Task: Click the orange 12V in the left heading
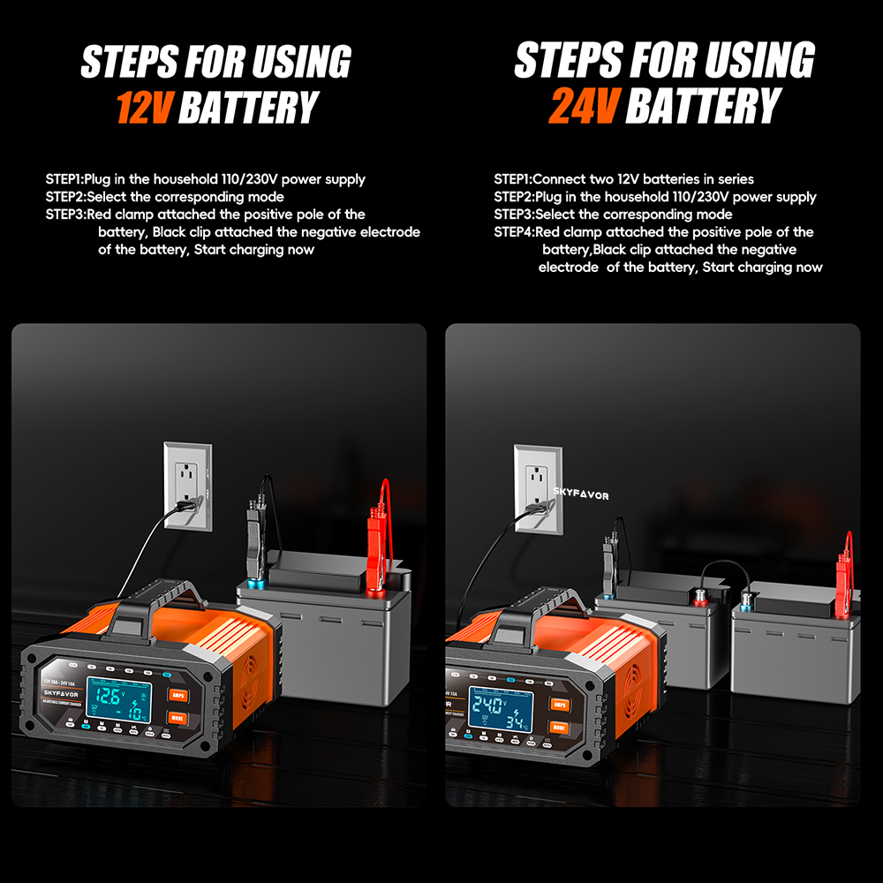(145, 107)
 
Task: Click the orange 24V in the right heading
(583, 107)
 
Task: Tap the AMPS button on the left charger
(179, 695)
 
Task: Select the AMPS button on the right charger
(558, 704)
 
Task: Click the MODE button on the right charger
(558, 728)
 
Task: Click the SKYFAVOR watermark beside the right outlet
(581, 496)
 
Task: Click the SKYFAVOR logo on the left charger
(63, 692)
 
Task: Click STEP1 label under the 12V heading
(64, 179)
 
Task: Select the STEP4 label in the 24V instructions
(513, 232)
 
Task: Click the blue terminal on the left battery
(257, 585)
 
